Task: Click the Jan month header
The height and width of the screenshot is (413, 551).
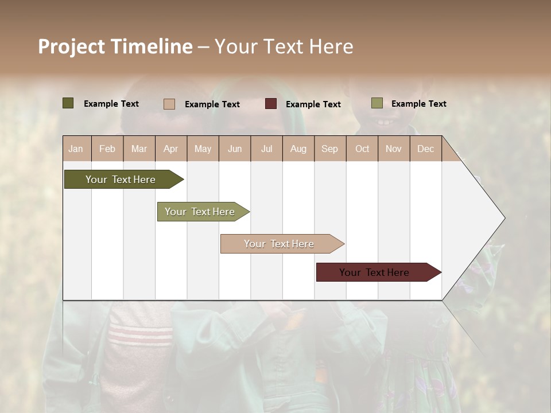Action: point(76,149)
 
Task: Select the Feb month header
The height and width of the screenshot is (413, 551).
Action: point(107,149)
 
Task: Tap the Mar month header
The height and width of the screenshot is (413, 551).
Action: point(139,149)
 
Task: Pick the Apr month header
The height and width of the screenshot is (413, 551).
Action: point(171,149)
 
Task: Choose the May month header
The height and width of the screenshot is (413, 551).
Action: point(203,149)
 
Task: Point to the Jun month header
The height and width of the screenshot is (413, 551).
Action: point(235,149)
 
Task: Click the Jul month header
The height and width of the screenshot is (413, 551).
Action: point(266,149)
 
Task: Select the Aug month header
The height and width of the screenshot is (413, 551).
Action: point(298,149)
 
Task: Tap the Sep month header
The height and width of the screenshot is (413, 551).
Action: point(330,149)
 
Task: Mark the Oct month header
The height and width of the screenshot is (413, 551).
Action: point(362,149)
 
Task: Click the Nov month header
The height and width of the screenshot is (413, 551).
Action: point(394,149)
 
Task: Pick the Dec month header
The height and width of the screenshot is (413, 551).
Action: point(426,149)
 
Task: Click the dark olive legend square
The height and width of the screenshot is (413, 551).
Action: point(68,103)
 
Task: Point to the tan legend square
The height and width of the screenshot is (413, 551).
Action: point(169,104)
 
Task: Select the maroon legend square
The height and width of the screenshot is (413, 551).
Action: point(271,104)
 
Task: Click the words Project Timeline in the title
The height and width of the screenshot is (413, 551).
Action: point(115,46)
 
